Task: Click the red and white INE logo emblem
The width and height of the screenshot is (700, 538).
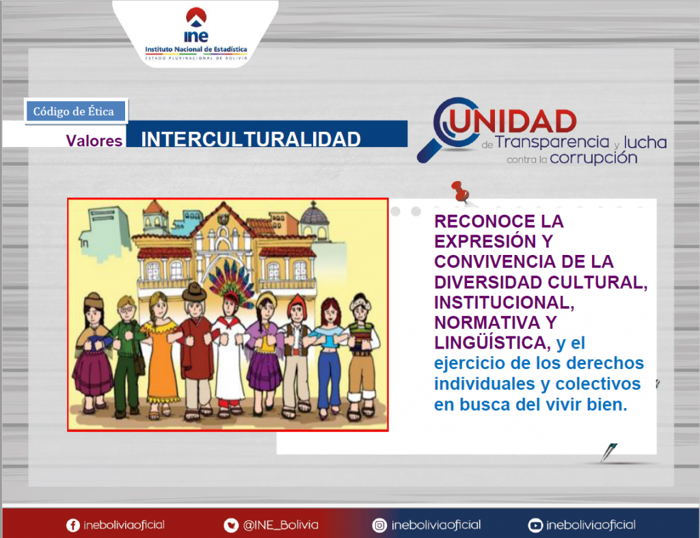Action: (196, 16)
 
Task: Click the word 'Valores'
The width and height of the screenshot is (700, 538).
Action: (94, 141)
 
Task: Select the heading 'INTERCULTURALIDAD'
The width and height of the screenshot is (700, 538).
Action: (251, 139)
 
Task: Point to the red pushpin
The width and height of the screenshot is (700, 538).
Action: (460, 191)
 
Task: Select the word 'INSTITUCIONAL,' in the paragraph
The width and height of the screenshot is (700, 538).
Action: (504, 303)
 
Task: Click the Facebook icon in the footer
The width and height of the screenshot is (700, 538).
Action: (72, 526)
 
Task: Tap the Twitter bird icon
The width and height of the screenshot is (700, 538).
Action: (231, 526)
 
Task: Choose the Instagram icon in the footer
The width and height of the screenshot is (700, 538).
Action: (379, 526)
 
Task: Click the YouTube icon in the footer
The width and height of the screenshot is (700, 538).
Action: (535, 526)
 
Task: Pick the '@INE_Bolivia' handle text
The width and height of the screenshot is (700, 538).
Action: (280, 525)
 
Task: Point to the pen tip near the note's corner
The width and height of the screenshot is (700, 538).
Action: (603, 461)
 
